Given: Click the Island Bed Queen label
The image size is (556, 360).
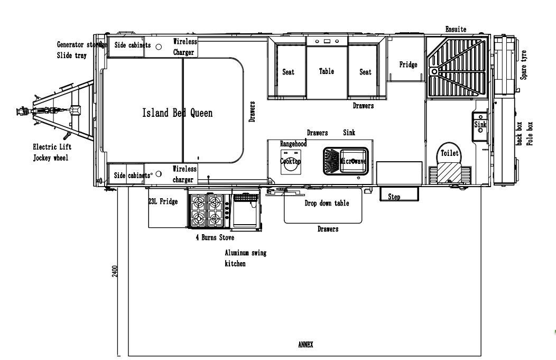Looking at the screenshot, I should coord(178,113).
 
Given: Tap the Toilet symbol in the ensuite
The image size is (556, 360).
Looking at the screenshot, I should coord(450,154).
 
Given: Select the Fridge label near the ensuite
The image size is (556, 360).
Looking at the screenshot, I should coord(408,64).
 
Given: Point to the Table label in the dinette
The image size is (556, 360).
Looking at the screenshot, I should coord(327,71).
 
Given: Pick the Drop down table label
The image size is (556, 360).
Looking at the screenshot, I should coord(327,204).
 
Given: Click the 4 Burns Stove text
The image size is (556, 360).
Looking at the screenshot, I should coord(215,238).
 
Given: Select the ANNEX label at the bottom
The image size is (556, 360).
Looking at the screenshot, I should coord(305,345).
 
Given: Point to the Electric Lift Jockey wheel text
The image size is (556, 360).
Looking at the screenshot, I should coord(51,152).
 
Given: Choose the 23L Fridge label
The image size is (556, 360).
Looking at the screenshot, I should coord(163,201).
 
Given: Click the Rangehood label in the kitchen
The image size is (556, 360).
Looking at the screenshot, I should coord(293,144).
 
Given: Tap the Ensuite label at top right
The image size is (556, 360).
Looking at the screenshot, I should coord(456,30).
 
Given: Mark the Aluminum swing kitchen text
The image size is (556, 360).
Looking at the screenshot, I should coord(246,258).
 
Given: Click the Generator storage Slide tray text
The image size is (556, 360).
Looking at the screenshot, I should coord(80,50).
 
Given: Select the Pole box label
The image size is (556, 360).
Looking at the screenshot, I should coord(530,134).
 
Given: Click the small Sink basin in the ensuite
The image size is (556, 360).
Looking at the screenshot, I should coord(480,126).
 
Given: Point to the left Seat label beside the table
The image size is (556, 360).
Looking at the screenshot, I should coord(288,72).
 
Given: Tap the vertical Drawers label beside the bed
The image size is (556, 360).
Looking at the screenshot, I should coord(252,112).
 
